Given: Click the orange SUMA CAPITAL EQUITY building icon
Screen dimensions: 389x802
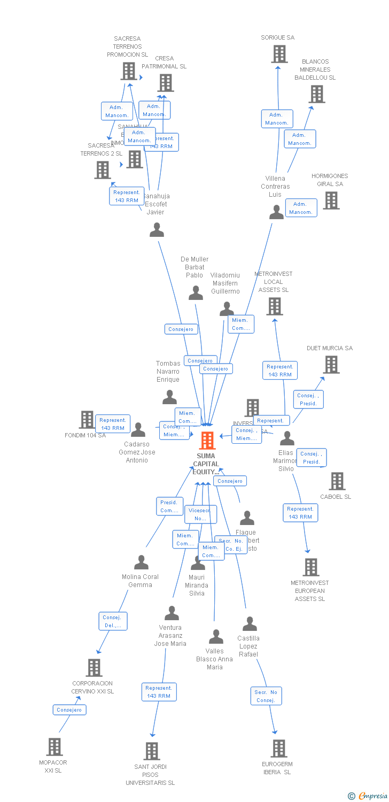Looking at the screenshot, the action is [207, 441].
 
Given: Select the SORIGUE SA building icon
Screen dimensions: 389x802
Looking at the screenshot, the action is [279, 54].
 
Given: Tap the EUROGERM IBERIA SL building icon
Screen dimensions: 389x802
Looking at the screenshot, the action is [278, 749].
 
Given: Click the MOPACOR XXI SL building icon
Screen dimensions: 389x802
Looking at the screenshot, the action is [54, 747].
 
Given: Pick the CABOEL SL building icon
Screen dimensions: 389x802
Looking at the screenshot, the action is [337, 481].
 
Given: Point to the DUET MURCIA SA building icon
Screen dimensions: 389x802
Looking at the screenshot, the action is [331, 365].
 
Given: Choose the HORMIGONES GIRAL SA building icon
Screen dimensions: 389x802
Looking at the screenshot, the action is [331, 200].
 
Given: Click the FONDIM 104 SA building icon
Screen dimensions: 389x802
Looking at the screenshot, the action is [87, 420].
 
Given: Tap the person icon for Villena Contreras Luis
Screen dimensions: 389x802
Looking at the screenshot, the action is [276, 212].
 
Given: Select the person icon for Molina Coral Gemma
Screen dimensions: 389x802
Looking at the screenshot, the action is [141, 562].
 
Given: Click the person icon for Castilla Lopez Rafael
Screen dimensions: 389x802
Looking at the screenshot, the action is [250, 624].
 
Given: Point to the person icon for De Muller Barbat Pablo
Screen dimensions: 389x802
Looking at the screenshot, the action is [196, 293].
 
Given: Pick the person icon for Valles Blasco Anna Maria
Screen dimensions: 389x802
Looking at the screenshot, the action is [216, 637].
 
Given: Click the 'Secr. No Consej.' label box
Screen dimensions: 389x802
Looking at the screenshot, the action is [266, 696].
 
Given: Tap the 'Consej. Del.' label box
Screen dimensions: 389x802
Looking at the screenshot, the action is [113, 621].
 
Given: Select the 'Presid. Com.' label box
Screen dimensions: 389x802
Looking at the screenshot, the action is [169, 506].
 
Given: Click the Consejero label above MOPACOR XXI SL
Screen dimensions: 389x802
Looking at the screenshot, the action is [69, 710].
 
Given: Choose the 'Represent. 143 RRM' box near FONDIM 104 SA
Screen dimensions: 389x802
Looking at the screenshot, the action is [113, 424].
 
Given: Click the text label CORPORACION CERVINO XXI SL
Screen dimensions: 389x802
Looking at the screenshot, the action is [93, 688].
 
